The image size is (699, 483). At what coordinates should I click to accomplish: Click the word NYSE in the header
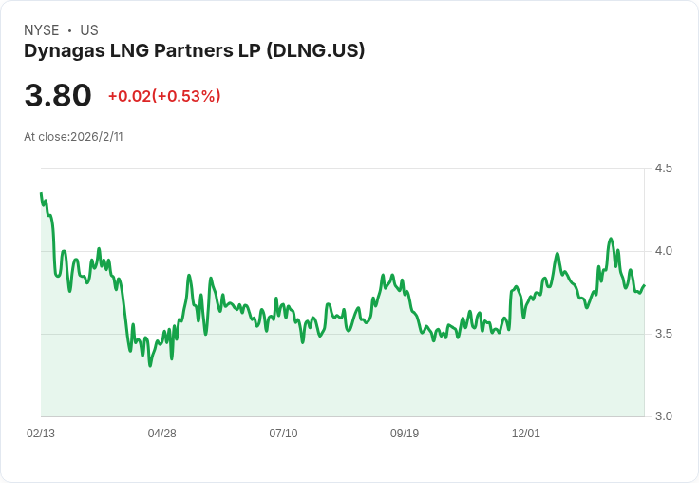[x=41, y=30]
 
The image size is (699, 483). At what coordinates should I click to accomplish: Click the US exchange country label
[x=89, y=30]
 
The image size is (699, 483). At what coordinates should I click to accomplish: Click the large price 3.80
[x=58, y=96]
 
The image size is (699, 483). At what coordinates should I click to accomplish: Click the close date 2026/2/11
[x=97, y=137]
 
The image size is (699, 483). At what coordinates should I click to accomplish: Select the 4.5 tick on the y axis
[x=664, y=168]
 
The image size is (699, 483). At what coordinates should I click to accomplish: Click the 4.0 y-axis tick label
[x=664, y=251]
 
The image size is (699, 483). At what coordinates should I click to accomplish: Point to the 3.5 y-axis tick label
[x=664, y=334]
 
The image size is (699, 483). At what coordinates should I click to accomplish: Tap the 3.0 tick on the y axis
[x=664, y=416]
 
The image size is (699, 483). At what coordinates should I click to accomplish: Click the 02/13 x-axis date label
[x=41, y=434]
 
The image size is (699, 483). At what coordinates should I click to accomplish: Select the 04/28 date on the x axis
[x=161, y=434]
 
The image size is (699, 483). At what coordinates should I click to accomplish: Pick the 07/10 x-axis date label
[x=283, y=434]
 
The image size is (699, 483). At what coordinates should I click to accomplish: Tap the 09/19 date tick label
[x=405, y=434]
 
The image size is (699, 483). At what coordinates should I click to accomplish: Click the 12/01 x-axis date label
[x=526, y=434]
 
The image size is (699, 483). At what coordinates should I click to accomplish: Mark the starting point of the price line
[x=41, y=194]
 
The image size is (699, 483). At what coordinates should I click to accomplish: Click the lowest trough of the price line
[x=150, y=365]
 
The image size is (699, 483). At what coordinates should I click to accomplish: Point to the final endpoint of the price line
[x=644, y=285]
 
